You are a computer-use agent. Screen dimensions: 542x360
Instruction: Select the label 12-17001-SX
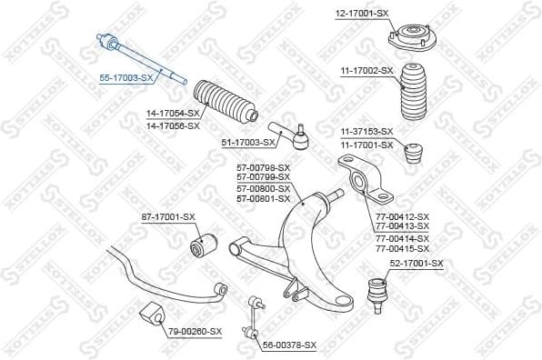point(362,13)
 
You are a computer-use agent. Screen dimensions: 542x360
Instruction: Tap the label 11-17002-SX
point(367,70)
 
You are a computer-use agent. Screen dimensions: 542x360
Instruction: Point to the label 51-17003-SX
point(249,143)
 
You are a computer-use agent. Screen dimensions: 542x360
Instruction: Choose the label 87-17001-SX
point(168,216)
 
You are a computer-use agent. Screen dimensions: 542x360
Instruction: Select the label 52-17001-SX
point(417,264)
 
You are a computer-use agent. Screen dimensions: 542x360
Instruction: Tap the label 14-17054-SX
point(173,113)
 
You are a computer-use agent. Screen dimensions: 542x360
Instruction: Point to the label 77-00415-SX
point(401,248)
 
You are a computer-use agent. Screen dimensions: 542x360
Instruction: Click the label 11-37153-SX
point(366,132)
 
